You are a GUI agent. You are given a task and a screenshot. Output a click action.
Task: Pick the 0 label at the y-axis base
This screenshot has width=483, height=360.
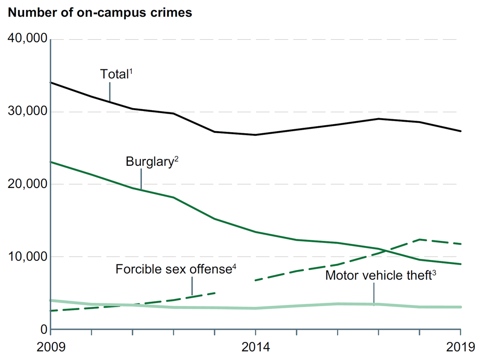click(42, 329)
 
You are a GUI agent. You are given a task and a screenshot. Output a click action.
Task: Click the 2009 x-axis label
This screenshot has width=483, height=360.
click(51, 347)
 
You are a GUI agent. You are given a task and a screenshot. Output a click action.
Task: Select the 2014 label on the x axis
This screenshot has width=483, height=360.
click(256, 347)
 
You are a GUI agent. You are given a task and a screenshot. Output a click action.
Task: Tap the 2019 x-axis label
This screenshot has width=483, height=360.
click(460, 347)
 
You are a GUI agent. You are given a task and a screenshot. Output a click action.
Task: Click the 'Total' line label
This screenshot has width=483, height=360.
click(114, 74)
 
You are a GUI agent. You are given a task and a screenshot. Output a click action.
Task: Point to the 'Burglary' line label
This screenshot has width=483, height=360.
click(149, 162)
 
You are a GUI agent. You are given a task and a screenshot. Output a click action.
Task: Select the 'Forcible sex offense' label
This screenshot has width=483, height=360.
click(173, 269)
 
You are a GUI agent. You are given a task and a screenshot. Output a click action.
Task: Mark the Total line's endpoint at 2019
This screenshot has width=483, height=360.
click(460, 131)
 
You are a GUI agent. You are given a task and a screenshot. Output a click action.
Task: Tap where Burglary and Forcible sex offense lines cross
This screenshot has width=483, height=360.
click(384, 250)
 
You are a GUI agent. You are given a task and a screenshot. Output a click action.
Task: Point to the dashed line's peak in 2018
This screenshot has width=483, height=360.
click(420, 240)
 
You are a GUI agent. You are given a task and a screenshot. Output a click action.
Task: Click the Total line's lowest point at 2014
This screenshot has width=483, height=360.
click(256, 135)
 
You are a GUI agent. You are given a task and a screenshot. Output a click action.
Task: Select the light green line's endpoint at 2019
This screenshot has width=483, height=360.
click(460, 307)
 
